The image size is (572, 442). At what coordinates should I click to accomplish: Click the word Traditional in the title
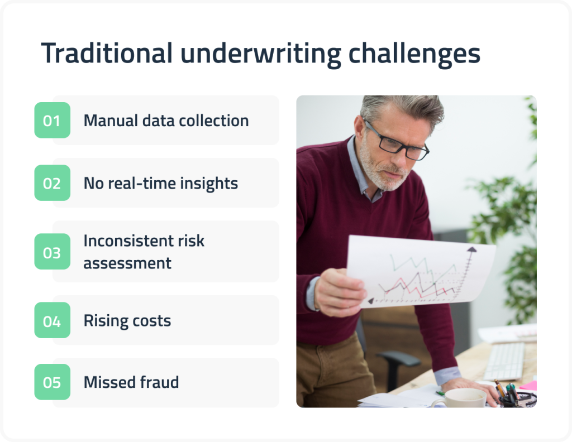(x=107, y=54)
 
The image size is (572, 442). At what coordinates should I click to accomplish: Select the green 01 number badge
(x=52, y=120)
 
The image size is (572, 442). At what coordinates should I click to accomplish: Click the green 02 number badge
(x=52, y=183)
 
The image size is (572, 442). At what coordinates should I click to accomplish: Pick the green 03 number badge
(x=52, y=252)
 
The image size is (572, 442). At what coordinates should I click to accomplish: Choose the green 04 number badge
(x=52, y=321)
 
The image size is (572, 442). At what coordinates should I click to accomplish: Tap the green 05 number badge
(x=52, y=382)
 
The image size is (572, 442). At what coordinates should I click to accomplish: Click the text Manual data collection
(x=166, y=121)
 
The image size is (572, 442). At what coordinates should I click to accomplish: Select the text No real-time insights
(x=160, y=184)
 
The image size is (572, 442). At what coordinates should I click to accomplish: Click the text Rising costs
(x=127, y=321)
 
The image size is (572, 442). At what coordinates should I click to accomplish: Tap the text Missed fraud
(x=131, y=383)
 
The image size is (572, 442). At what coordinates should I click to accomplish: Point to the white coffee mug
(x=459, y=398)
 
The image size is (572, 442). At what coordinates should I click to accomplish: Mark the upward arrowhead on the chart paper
(x=471, y=249)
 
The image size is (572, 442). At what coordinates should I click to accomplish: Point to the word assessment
(x=127, y=263)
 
